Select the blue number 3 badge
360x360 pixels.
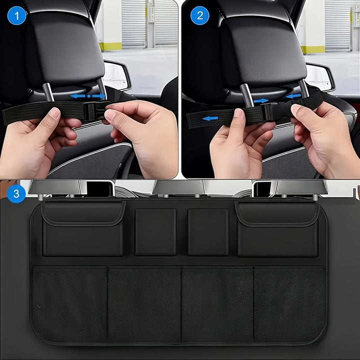(x=16, y=193)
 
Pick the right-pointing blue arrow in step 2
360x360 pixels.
(x=260, y=101)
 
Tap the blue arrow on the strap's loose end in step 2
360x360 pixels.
(x=210, y=118)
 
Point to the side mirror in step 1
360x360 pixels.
(x=116, y=75)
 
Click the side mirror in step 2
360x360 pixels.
(x=319, y=77)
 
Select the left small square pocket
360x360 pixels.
(x=155, y=232)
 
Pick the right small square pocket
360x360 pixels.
(x=208, y=232)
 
